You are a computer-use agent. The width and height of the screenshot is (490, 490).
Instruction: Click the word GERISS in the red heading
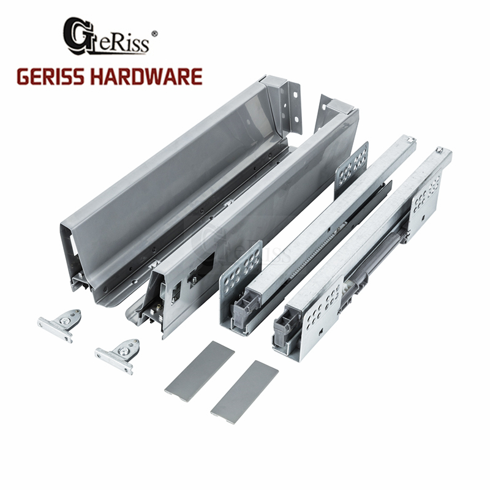click(51, 77)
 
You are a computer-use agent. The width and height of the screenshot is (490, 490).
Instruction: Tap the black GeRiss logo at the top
click(106, 37)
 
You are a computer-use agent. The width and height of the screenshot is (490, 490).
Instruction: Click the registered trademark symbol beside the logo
click(154, 34)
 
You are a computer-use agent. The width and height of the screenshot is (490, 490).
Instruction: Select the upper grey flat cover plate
click(200, 366)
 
